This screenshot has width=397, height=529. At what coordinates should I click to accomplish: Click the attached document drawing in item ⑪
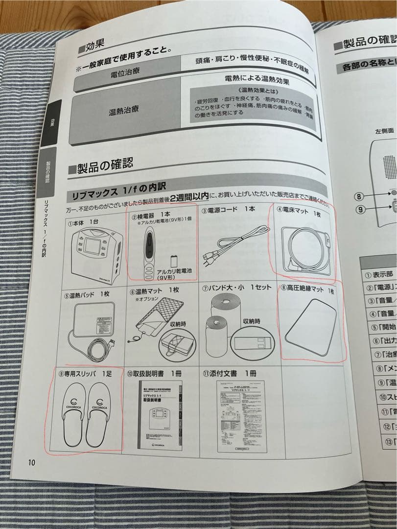click(241, 421)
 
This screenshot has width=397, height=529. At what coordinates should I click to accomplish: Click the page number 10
click(32, 462)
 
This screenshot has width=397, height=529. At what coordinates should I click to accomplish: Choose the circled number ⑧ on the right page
click(359, 197)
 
